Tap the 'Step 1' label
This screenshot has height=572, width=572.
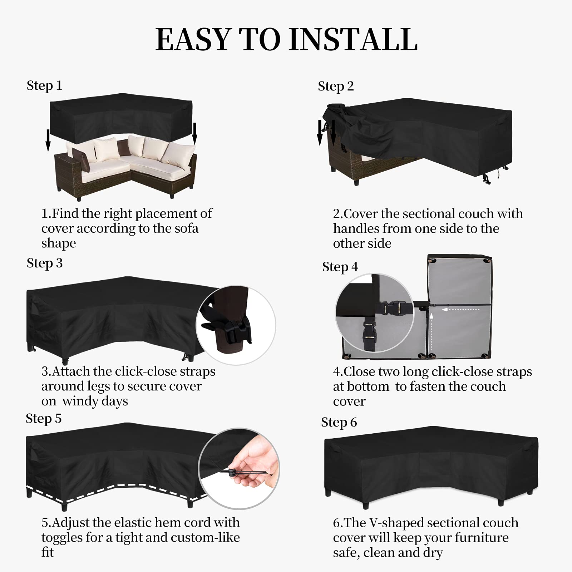click(x=44, y=86)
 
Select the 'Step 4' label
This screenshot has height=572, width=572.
click(x=340, y=267)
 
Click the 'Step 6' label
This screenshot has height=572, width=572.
click(x=339, y=423)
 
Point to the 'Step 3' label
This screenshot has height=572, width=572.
click(x=44, y=263)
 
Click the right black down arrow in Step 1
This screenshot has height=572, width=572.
click(x=195, y=134)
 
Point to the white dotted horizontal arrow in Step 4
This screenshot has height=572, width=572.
click(x=461, y=310)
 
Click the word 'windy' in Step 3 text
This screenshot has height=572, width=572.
click(x=77, y=401)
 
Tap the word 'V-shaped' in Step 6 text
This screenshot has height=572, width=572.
click(x=393, y=523)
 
